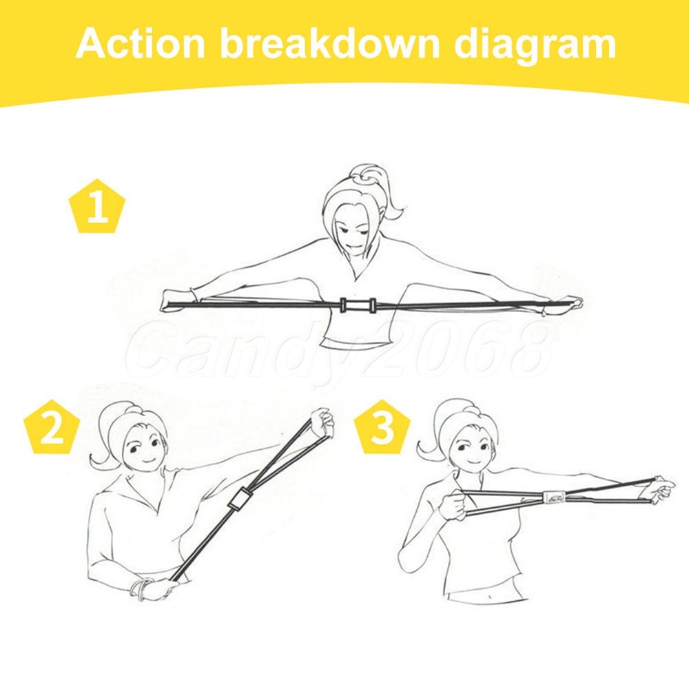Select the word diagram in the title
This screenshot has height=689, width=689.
pos(535,45)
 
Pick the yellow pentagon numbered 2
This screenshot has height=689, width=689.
pos(52,427)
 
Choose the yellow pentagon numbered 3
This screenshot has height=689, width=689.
pos(382,427)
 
